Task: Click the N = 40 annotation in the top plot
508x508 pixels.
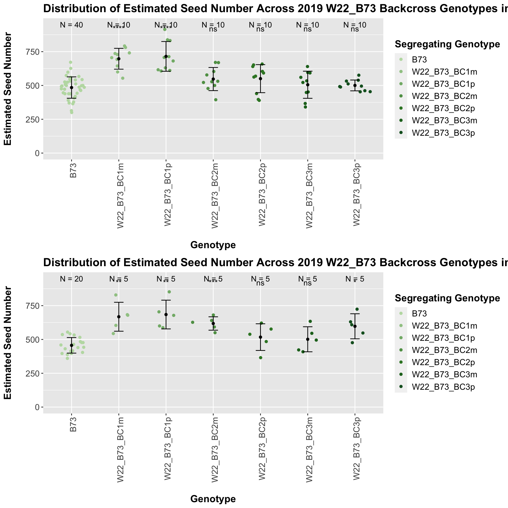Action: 71,25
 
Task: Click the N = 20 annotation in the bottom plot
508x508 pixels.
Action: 71,279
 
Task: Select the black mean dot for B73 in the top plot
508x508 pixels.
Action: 71,88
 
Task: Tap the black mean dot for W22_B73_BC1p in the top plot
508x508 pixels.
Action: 166,56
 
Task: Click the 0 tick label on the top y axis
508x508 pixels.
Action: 37,153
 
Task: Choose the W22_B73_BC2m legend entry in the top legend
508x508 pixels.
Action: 444,96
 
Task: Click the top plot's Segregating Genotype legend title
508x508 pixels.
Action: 447,44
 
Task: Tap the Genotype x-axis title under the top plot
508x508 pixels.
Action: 213,245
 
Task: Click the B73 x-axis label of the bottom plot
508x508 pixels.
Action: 73,425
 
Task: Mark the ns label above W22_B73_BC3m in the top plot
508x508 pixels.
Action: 307,29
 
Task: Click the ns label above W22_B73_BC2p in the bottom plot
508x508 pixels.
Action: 260,283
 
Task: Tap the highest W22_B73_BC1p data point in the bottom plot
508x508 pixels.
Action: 169,292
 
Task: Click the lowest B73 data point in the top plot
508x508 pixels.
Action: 71,112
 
